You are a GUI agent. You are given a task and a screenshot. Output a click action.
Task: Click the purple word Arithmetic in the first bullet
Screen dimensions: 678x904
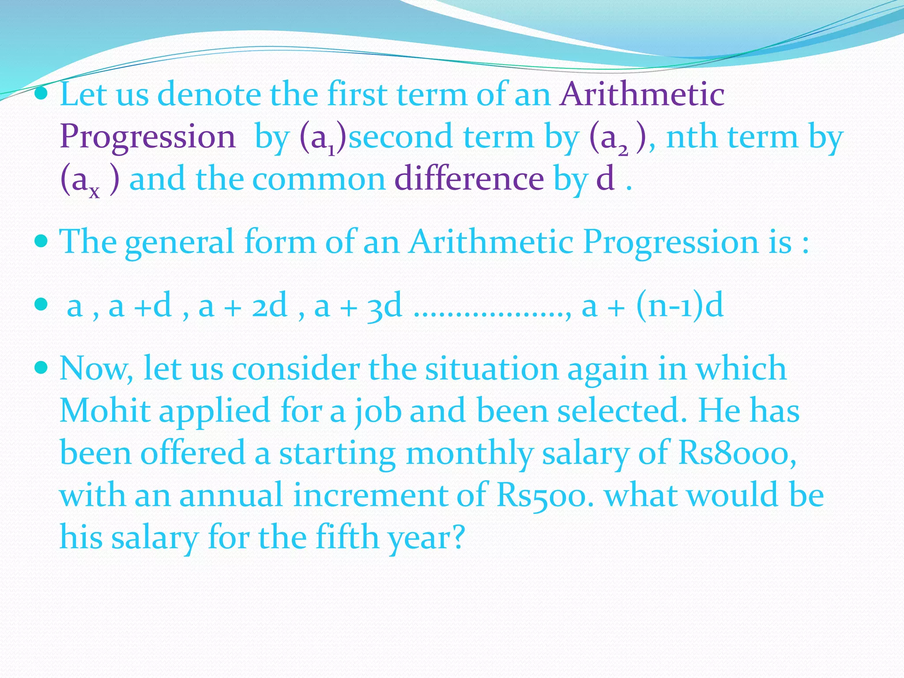(642, 94)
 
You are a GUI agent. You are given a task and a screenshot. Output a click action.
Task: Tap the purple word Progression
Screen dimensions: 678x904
(147, 137)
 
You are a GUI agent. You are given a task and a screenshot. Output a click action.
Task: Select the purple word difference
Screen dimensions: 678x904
(469, 179)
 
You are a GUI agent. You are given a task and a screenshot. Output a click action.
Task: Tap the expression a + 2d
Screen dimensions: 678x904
(243, 306)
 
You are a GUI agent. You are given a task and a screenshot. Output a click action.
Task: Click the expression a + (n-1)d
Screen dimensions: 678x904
(652, 306)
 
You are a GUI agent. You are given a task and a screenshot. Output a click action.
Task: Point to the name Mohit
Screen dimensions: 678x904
(105, 411)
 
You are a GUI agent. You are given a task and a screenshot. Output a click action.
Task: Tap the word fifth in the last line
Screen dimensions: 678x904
(347, 537)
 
